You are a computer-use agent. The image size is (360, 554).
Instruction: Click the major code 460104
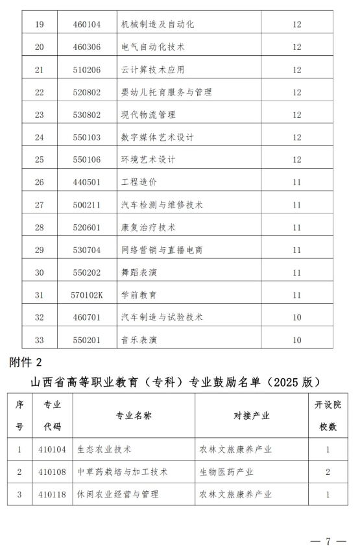[87, 25]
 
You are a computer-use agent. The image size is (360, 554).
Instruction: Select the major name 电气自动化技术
[153, 47]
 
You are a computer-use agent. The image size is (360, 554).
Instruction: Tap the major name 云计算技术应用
[153, 70]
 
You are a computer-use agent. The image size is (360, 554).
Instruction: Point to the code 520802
[87, 92]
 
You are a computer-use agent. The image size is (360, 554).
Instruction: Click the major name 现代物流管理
[149, 115]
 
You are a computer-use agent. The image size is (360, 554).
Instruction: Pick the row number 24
[39, 138]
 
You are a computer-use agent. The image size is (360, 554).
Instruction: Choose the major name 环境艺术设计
[149, 160]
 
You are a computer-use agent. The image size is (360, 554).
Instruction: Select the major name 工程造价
[139, 182]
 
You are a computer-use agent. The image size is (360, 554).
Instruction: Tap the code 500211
[87, 205]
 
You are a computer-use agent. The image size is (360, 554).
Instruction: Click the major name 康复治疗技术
[149, 228]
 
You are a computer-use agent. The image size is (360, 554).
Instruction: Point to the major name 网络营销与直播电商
[162, 250]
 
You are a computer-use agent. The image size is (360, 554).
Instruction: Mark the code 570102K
[87, 295]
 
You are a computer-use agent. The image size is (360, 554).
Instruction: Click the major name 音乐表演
[139, 340]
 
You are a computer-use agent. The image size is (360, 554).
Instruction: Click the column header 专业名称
[134, 416]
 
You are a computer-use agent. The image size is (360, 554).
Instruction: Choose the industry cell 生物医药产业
[227, 472]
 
